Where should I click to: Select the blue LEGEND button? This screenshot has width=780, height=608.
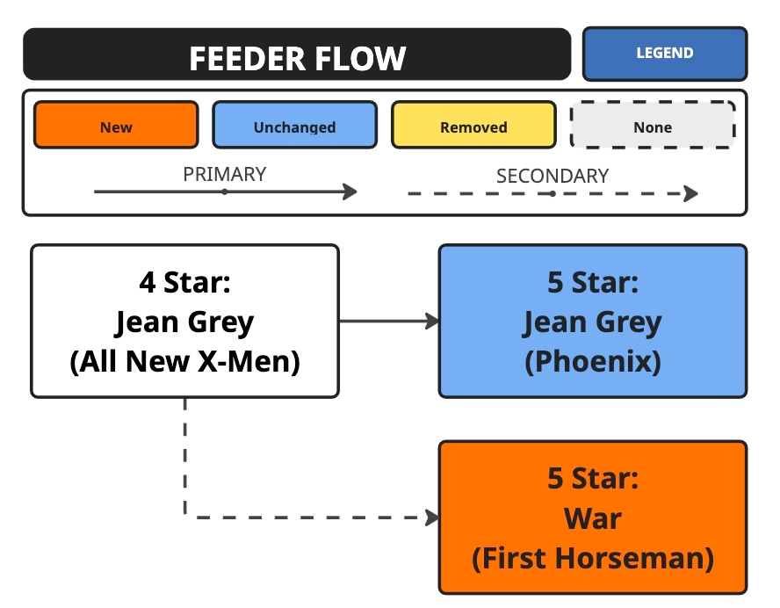(664, 54)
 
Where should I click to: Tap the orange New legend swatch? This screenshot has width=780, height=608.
(116, 126)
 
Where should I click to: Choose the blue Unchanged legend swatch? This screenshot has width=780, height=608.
(294, 126)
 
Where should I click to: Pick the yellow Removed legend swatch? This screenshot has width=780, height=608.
(473, 126)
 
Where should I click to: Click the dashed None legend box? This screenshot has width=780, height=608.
(653, 126)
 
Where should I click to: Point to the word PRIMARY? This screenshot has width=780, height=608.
(224, 174)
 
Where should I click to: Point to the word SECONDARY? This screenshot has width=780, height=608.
(552, 176)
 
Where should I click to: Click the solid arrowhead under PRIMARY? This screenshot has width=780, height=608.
(350, 192)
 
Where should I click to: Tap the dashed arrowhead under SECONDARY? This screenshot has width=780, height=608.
(691, 193)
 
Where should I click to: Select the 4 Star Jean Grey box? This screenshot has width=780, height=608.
(184, 322)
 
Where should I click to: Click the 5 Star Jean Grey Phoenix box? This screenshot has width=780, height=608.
(593, 322)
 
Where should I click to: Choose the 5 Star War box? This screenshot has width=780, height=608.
(593, 518)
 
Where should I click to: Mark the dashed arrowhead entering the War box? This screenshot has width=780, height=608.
(432, 518)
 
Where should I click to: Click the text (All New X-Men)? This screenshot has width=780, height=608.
(184, 361)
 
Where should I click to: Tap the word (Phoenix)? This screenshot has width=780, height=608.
(593, 361)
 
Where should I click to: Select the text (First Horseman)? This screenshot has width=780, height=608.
(593, 558)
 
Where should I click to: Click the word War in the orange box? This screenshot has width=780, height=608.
(593, 518)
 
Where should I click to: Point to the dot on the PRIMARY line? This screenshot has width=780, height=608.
(225, 192)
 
